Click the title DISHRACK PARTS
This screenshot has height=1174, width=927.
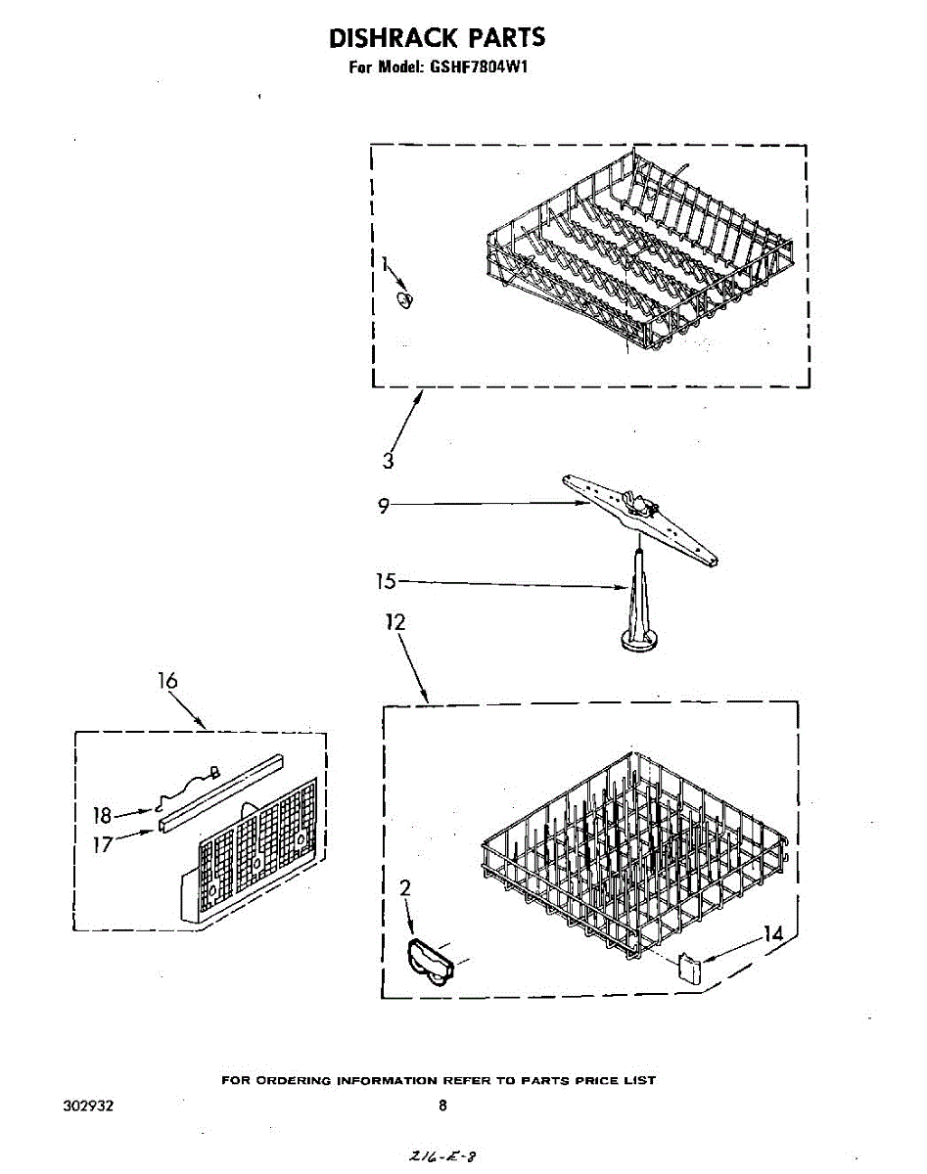pyautogui.click(x=437, y=38)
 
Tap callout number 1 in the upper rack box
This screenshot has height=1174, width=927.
pyautogui.click(x=386, y=263)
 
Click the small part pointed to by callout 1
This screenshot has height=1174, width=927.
pyautogui.click(x=404, y=297)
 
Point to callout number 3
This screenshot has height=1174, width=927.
pyautogui.click(x=389, y=461)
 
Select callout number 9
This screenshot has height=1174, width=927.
pyautogui.click(x=385, y=505)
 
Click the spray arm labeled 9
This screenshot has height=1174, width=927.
pyautogui.click(x=641, y=519)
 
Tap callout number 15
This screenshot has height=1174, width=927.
pyautogui.click(x=387, y=582)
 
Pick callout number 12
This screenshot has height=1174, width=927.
pyautogui.click(x=395, y=622)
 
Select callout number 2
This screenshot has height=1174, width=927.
pyautogui.click(x=405, y=888)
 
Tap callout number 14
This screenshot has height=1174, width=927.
pyautogui.click(x=773, y=934)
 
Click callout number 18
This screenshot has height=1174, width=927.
pyautogui.click(x=103, y=814)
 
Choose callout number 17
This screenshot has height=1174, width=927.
pyautogui.click(x=103, y=843)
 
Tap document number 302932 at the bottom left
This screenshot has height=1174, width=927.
pyautogui.click(x=87, y=1106)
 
